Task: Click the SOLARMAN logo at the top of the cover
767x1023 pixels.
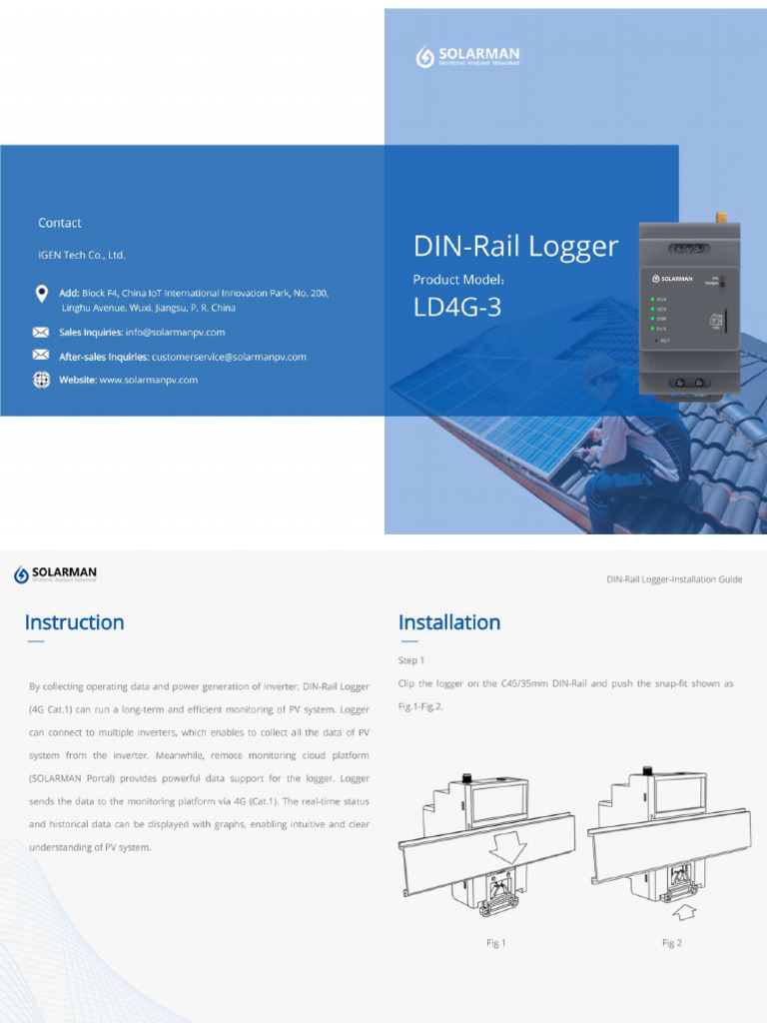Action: pos(466,57)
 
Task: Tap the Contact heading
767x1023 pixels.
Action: pos(60,223)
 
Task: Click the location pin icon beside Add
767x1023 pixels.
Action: pos(41,293)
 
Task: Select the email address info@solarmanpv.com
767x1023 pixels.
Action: pos(175,333)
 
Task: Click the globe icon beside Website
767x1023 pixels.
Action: pos(41,380)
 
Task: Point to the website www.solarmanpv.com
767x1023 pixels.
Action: pos(149,380)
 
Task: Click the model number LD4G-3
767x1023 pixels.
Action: pos(457,309)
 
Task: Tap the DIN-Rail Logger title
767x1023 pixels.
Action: pos(515,247)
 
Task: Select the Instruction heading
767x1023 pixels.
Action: pos(75,622)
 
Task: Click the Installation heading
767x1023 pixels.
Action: pos(449,622)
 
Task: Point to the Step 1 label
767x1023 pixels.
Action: pos(411,660)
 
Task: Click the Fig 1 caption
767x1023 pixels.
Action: pos(496,943)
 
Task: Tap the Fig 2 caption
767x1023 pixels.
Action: pos(671,943)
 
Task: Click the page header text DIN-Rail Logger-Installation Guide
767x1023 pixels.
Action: pos(674,579)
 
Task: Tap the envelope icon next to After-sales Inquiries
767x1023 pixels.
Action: pos(41,356)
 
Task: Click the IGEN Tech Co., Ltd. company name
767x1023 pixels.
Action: pos(82,255)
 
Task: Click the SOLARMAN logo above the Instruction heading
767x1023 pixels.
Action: pos(56,574)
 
